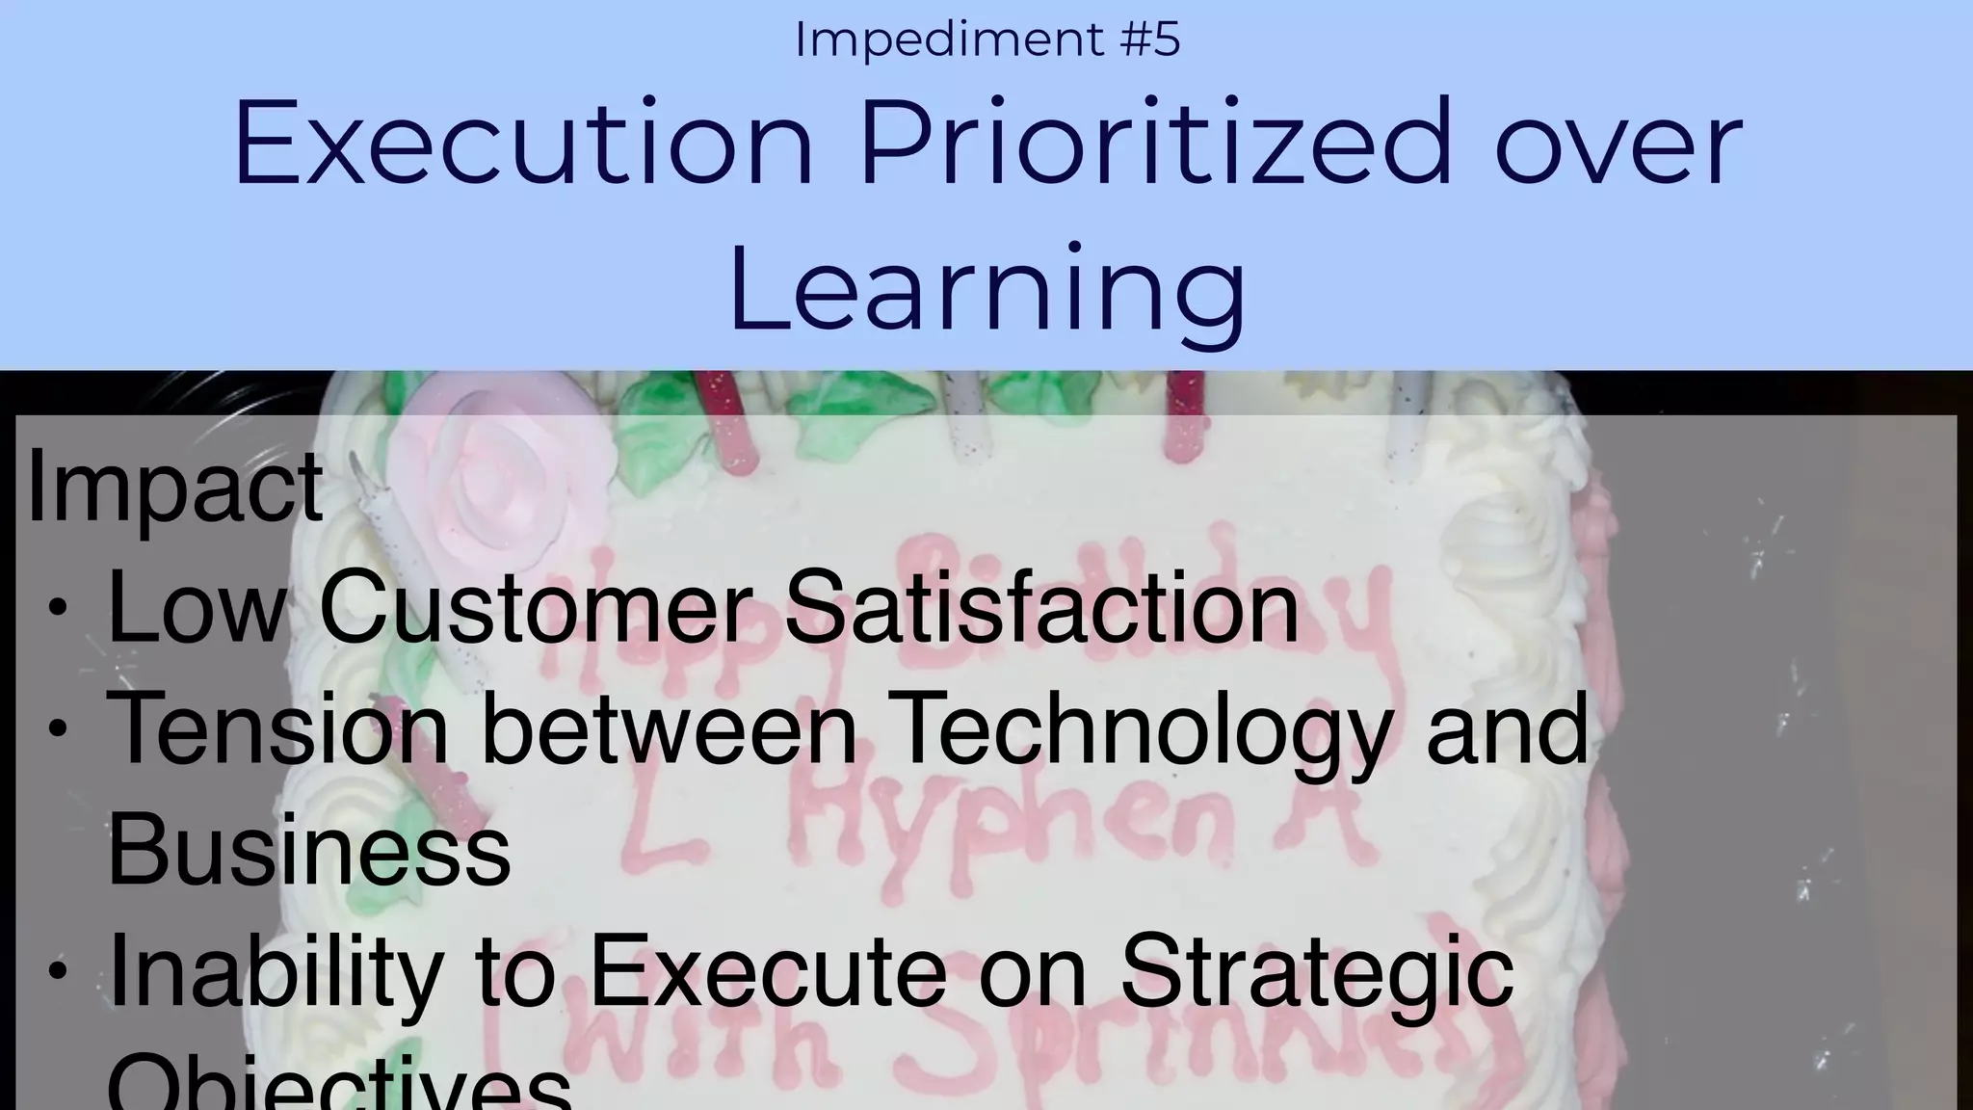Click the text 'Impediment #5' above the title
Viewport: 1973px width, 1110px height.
[x=986, y=40]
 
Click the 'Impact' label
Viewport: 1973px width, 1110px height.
[x=174, y=487]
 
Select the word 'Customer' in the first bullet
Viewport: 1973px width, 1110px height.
[x=536, y=608]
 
